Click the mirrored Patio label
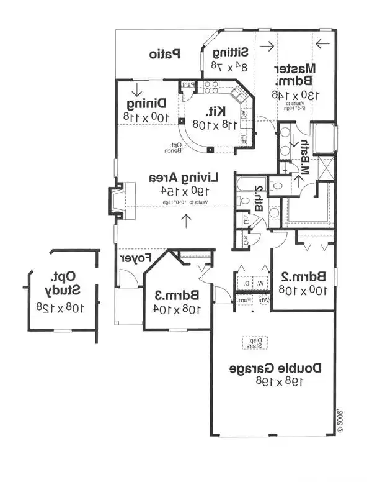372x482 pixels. (x=164, y=54)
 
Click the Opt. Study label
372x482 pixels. (x=62, y=283)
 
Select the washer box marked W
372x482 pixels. (x=260, y=283)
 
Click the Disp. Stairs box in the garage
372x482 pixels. (x=252, y=342)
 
